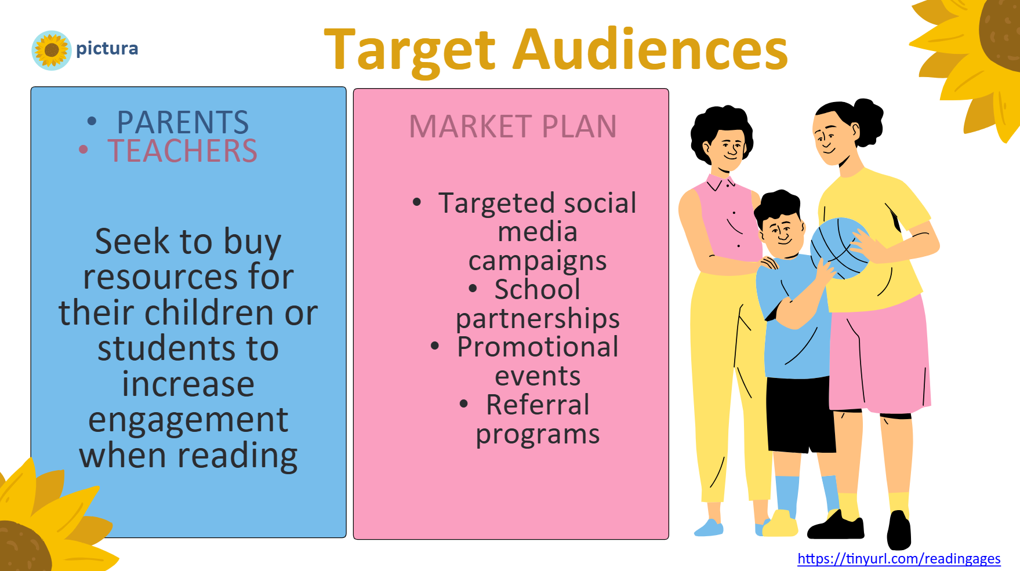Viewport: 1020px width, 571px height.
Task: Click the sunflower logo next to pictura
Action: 52,50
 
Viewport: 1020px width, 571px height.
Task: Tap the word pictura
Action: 107,49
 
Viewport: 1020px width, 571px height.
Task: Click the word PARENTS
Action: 183,122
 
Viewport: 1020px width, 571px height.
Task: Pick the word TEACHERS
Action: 182,151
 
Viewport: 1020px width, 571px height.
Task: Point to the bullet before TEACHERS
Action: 84,150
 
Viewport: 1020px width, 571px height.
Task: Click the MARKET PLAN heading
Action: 513,126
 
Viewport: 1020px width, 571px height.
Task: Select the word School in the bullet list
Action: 537,289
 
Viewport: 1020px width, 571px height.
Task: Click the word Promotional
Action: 538,347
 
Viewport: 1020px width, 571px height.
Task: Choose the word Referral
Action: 538,405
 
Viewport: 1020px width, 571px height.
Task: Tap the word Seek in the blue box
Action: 133,241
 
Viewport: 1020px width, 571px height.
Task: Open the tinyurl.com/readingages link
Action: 899,559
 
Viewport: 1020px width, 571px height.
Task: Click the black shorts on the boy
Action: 801,414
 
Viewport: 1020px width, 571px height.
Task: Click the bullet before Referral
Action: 463,403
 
